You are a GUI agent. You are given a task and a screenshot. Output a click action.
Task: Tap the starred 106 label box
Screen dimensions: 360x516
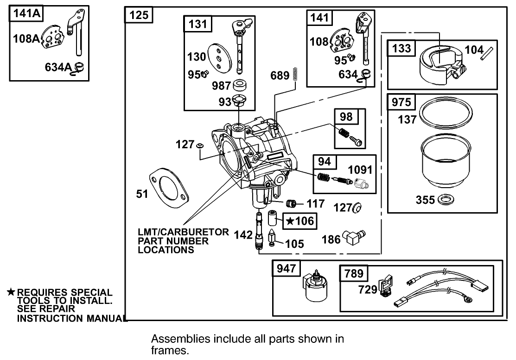pyautogui.click(x=299, y=221)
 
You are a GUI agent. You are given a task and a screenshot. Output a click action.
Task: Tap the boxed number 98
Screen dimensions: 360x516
pyautogui.click(x=346, y=117)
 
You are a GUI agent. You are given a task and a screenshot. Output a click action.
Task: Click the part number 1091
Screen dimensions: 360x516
pyautogui.click(x=361, y=170)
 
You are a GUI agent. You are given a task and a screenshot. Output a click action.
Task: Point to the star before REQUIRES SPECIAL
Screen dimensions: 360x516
pyautogui.click(x=11, y=292)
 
